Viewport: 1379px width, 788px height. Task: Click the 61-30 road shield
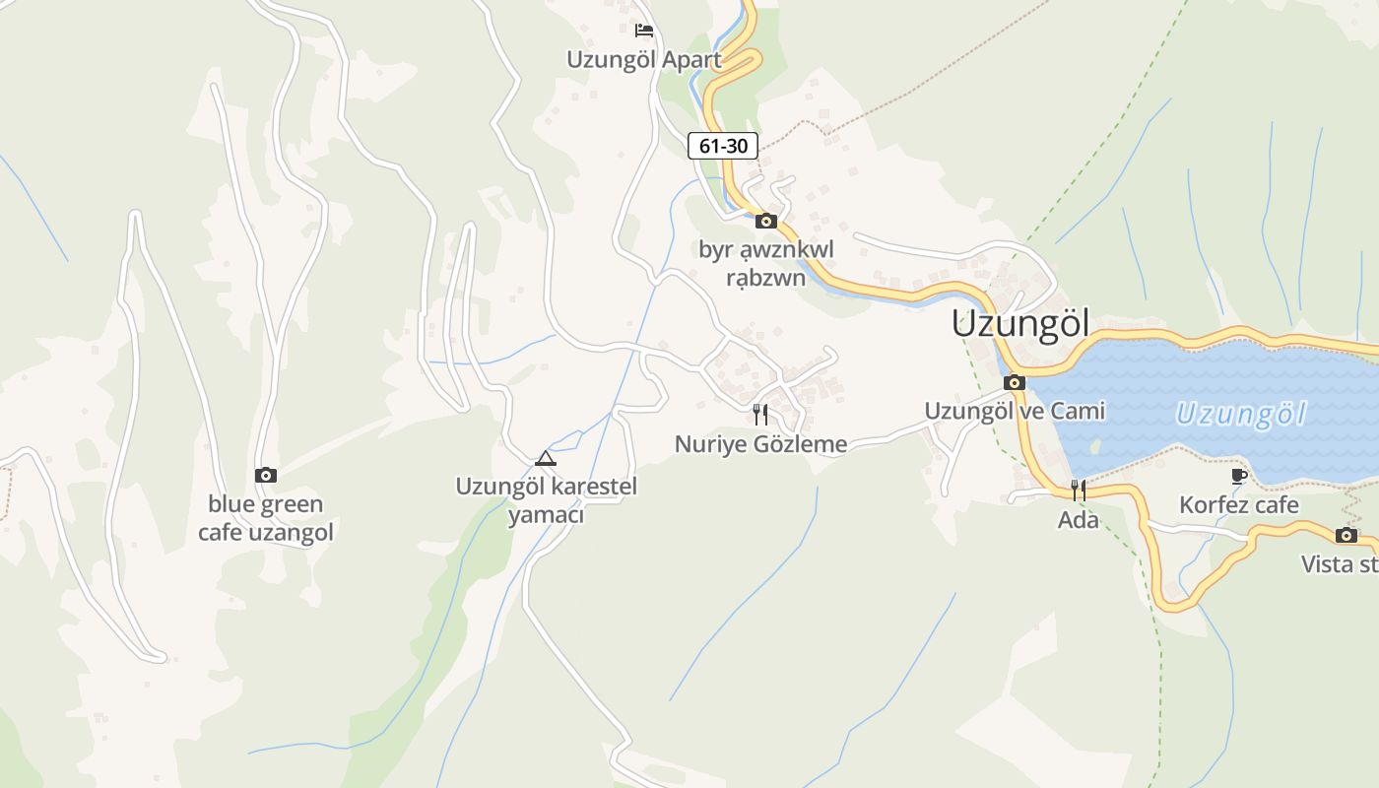point(723,146)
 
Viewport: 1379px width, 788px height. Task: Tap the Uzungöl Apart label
point(644,59)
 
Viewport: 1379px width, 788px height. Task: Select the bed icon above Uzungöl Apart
point(644,30)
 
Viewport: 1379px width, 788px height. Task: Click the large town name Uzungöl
point(1020,323)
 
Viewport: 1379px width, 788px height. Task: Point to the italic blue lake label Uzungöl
point(1240,414)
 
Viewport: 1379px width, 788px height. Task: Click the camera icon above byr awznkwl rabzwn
point(766,221)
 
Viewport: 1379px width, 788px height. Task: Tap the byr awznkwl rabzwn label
point(766,263)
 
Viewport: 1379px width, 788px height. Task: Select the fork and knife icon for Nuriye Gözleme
point(760,414)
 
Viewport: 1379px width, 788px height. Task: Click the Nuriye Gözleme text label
point(760,444)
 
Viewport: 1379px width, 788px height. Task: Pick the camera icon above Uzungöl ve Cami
point(1015,382)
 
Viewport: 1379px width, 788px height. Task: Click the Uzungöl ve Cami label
point(1015,411)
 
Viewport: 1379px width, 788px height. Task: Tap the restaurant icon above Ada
point(1079,490)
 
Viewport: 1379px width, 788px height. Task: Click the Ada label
point(1079,519)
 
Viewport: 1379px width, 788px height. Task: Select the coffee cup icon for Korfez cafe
point(1239,477)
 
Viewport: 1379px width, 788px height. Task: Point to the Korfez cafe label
point(1239,505)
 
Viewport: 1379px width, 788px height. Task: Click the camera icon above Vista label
point(1346,536)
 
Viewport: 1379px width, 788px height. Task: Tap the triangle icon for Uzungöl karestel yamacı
point(546,458)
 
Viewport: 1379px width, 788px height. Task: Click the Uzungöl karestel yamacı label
point(546,500)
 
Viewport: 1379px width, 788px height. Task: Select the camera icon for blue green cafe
point(266,476)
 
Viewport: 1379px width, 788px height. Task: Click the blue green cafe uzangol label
point(266,518)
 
